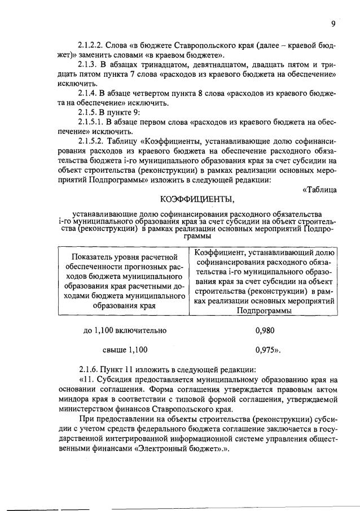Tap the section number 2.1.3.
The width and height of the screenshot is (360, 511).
[89, 64]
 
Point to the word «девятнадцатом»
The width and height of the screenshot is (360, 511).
[212, 64]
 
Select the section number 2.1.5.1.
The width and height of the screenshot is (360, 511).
[91, 122]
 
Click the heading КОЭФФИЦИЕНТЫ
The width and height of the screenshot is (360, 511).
[196, 199]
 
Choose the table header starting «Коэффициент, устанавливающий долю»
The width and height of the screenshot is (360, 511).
[265, 281]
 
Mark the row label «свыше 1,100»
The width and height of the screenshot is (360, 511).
[125, 350]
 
